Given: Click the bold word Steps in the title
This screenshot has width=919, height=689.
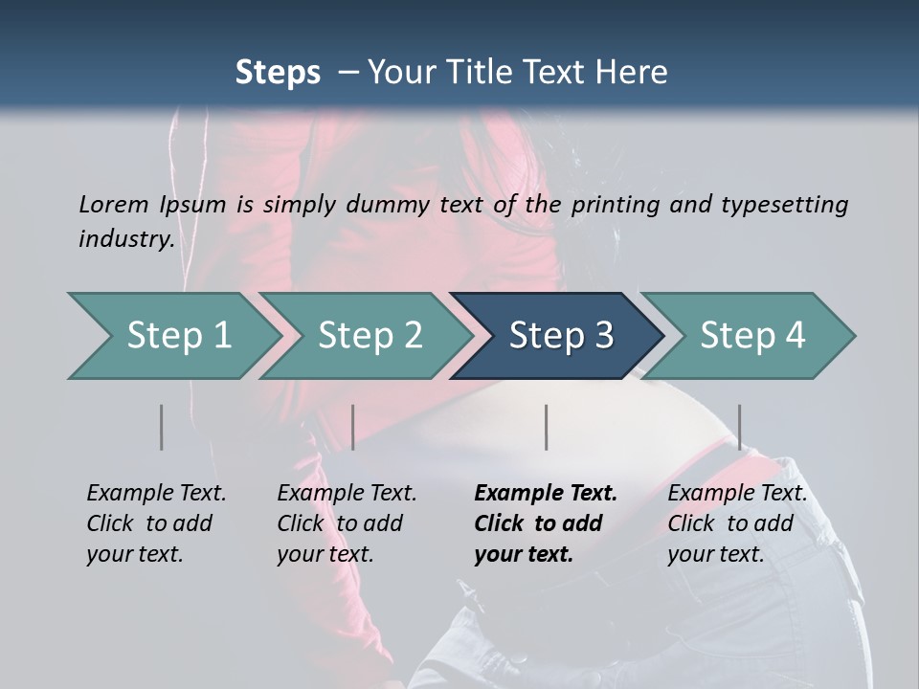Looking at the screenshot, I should click(x=278, y=73).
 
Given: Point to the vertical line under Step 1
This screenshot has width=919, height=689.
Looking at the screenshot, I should click(x=161, y=427).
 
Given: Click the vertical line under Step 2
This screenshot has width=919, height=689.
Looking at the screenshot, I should click(x=353, y=427).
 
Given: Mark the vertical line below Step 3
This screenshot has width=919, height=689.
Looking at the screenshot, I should click(x=546, y=427).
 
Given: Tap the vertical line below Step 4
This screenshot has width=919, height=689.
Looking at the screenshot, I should click(x=739, y=427).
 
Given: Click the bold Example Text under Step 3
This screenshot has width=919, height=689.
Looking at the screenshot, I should click(x=546, y=493).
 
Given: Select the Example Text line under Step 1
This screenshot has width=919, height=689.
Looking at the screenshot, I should click(x=156, y=493).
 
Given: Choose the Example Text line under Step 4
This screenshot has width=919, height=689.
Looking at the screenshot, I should click(x=737, y=493).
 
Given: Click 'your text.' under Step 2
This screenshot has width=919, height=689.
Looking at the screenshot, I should click(x=325, y=554).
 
